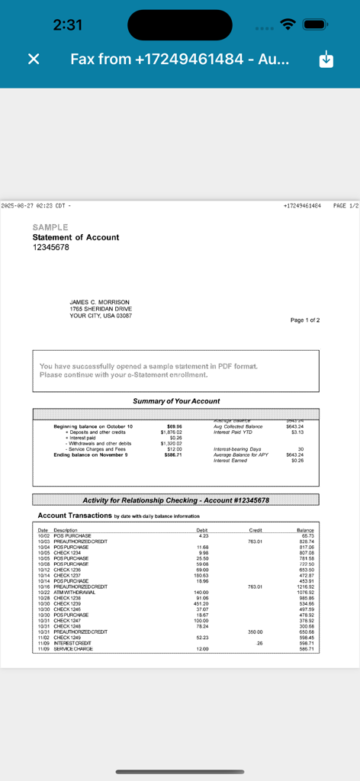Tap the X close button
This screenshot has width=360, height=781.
(34, 59)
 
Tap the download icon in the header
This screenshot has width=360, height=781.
(326, 59)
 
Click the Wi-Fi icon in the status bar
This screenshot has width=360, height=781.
(288, 24)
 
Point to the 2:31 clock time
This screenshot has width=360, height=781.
(68, 24)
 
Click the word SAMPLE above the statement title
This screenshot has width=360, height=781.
(50, 227)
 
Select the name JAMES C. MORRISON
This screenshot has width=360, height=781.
(100, 302)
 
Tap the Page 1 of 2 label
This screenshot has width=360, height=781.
(305, 320)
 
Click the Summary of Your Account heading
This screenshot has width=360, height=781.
(176, 401)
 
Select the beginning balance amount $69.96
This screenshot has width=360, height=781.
(175, 426)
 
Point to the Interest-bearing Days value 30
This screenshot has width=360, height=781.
(301, 449)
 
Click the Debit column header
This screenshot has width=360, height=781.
(202, 530)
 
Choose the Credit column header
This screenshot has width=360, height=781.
(256, 530)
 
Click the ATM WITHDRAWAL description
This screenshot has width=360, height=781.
(75, 592)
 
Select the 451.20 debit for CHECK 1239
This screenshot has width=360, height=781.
(201, 603)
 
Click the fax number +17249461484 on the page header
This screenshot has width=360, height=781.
(302, 206)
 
